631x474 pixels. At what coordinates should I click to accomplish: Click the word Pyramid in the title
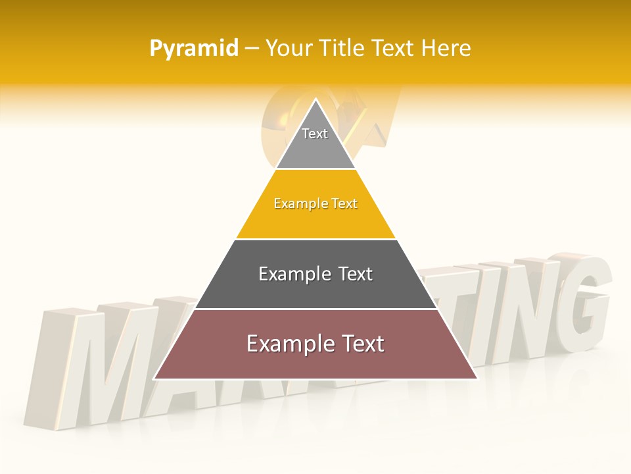pyautogui.click(x=193, y=49)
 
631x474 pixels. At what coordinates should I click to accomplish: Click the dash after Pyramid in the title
pyautogui.click(x=252, y=49)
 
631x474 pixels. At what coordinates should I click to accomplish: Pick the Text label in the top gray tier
pyautogui.click(x=315, y=134)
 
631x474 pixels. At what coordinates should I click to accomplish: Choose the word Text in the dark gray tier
pyautogui.click(x=356, y=274)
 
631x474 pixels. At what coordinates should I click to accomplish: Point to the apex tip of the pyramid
pyautogui.click(x=315, y=99)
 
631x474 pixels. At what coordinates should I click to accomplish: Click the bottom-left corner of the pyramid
pyautogui.click(x=154, y=379)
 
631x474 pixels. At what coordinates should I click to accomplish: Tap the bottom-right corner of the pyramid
pyautogui.click(x=477, y=379)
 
